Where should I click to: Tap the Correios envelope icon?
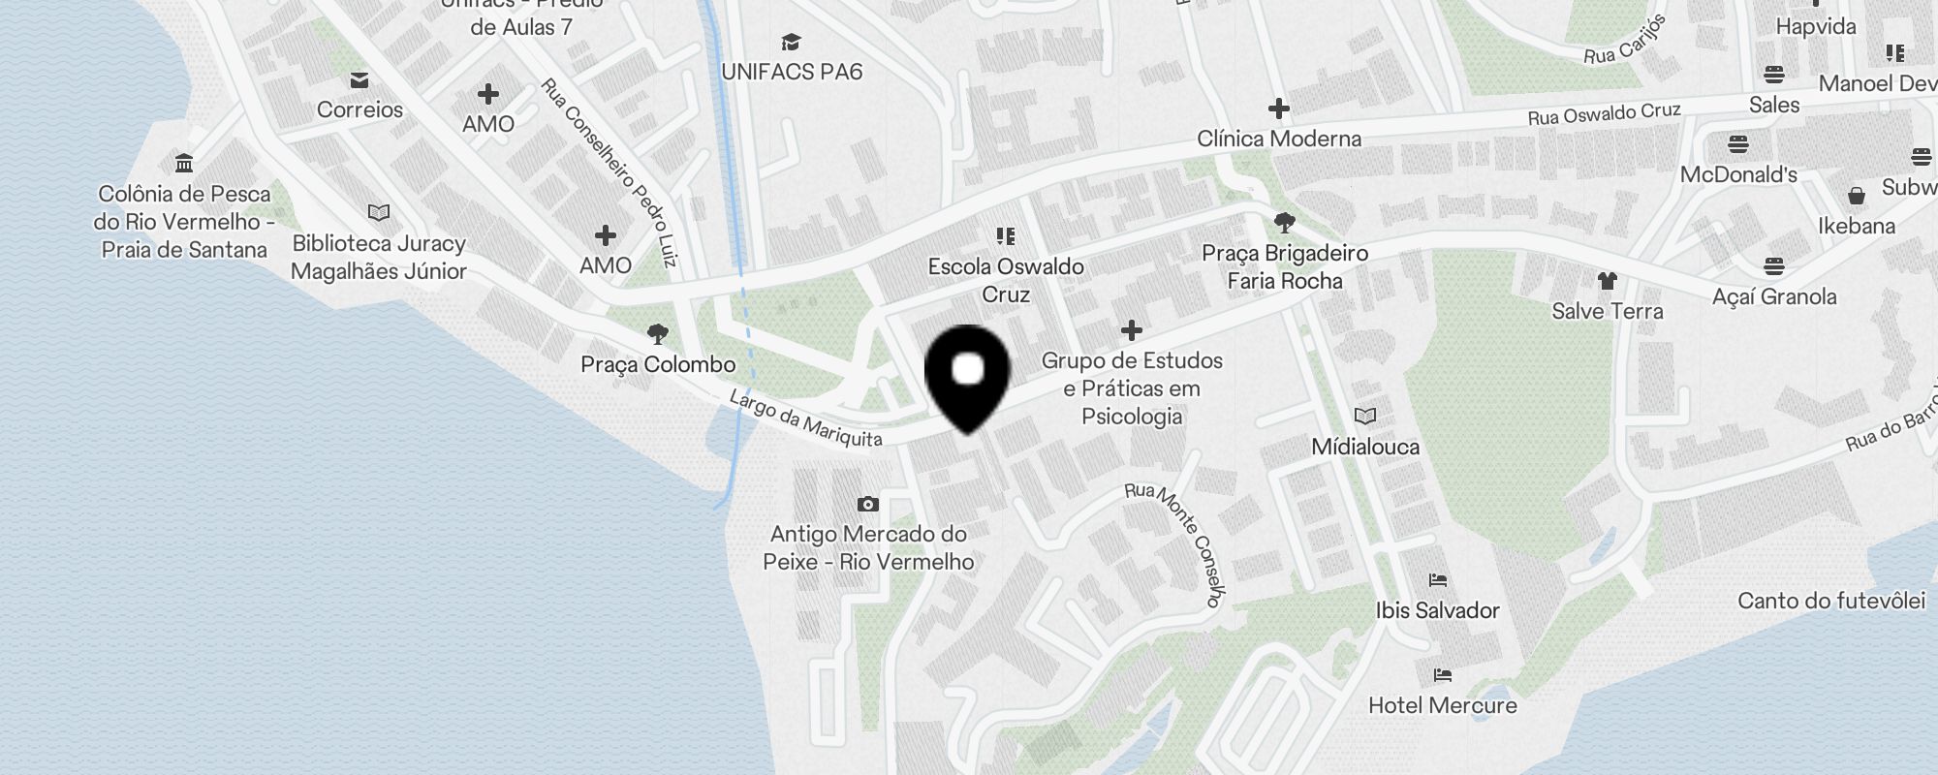[359, 80]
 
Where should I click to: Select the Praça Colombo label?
[658, 365]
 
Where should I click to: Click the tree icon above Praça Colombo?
[658, 335]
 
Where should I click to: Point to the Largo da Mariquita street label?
[805, 418]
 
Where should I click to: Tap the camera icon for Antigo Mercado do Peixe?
[868, 504]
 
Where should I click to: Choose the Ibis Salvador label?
[1437, 610]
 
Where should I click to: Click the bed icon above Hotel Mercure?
[1442, 675]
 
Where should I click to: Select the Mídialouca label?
[1364, 447]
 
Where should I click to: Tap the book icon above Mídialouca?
[1364, 417]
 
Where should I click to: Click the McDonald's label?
[1738, 174]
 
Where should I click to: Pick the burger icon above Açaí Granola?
[1773, 265]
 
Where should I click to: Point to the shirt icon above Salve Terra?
[1607, 281]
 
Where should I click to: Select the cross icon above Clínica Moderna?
[1278, 108]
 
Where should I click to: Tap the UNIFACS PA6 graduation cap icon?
[791, 42]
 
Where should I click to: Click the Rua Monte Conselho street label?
[1175, 543]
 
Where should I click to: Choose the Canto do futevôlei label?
[1830, 601]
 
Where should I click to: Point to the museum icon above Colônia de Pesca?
[184, 163]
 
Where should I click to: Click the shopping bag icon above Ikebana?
[1856, 197]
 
